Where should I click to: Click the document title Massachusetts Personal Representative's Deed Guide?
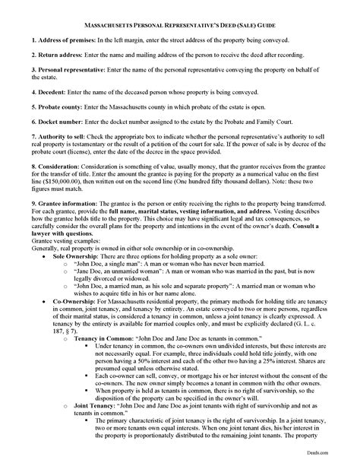(x=180, y=24)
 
